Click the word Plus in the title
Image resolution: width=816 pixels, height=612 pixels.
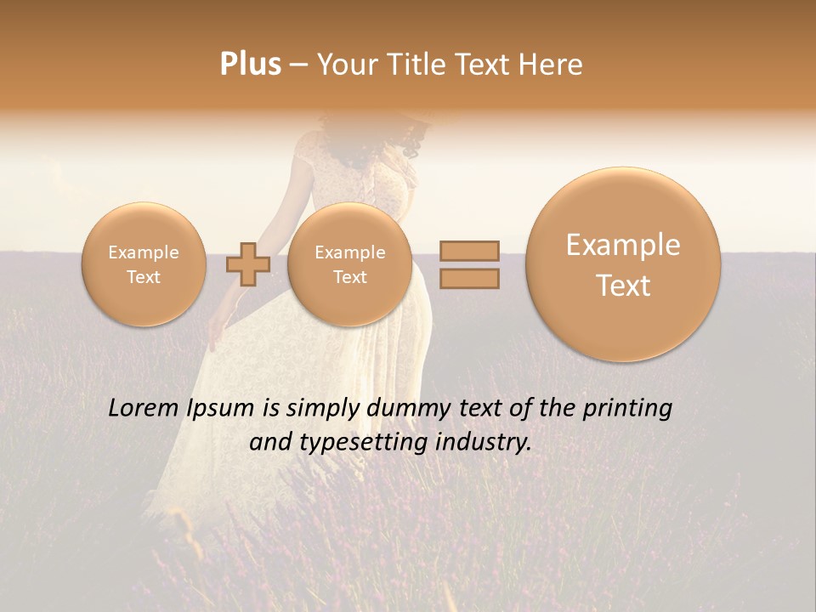[250, 65]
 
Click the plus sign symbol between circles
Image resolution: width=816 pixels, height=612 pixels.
[247, 264]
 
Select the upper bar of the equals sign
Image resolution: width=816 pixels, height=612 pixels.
[469, 251]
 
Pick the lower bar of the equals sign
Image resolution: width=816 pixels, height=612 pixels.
[469, 278]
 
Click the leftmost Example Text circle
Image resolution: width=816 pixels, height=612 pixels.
[144, 264]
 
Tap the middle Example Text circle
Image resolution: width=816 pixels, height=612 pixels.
[349, 264]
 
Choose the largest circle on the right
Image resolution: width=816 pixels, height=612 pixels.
[623, 264]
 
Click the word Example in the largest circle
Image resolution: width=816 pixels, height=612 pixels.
[623, 245]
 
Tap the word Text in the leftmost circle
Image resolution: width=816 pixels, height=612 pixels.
[144, 277]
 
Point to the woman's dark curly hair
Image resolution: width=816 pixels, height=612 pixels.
[413, 136]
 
